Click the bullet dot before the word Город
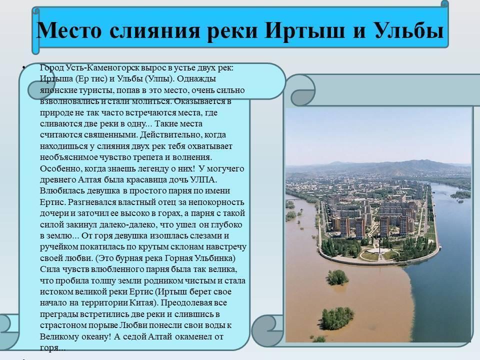[x=23, y=66]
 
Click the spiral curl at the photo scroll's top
[x=303, y=90]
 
